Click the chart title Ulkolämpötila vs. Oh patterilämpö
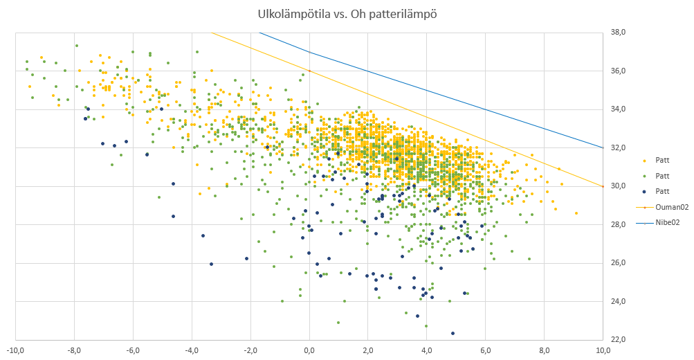click(x=347, y=13)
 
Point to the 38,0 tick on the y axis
click(x=615, y=33)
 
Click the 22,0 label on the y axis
click(x=615, y=340)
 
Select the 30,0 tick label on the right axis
click(x=615, y=186)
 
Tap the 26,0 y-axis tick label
click(x=615, y=263)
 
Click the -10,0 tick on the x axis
click(x=15, y=350)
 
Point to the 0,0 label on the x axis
click(x=309, y=350)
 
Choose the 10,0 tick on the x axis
click(x=603, y=350)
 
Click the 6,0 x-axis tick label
click(x=486, y=350)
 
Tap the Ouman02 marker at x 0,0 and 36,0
click(x=309, y=71)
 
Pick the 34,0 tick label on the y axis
click(x=615, y=109)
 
